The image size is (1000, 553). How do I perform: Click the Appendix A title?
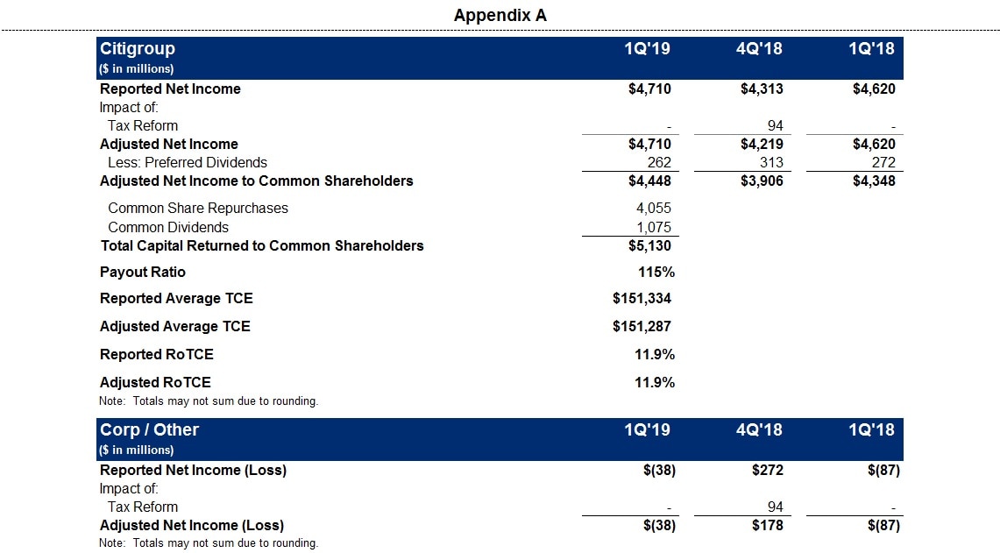[500, 15]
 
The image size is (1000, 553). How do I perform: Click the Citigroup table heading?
[138, 49]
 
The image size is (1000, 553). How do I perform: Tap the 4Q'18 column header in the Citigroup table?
[759, 49]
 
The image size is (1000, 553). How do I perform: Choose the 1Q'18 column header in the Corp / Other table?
[871, 430]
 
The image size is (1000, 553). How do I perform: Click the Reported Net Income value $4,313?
[762, 89]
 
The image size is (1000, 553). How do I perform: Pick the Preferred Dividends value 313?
[769, 162]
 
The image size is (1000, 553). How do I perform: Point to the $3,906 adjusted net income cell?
[762, 181]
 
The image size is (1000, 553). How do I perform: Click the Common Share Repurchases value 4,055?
[653, 209]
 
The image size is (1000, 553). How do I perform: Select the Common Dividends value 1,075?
[653, 228]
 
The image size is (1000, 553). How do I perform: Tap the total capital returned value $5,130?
[649, 246]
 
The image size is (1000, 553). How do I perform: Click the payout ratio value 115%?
[656, 273]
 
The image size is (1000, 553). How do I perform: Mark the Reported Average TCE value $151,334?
[642, 299]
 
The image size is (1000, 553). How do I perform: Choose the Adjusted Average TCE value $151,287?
[642, 327]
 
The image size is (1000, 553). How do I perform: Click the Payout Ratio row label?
[143, 273]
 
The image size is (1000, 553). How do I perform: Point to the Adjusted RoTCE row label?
[155, 383]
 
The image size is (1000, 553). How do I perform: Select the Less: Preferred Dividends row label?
[188, 162]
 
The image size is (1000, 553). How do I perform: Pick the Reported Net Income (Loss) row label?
[193, 471]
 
